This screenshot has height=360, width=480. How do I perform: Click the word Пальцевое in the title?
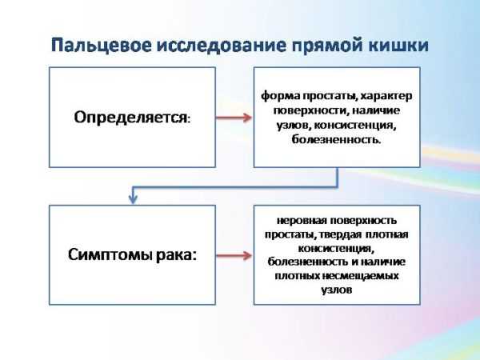[x=102, y=46]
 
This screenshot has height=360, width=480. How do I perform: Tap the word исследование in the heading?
[x=222, y=45]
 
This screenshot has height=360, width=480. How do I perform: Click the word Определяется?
[x=132, y=118]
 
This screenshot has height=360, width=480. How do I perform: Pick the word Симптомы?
[x=110, y=254]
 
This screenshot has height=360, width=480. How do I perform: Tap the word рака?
[x=176, y=255]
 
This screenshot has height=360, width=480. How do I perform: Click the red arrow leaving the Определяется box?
[x=234, y=118]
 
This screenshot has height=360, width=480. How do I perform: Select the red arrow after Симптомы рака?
[x=234, y=255]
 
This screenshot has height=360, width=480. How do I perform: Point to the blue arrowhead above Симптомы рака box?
[x=133, y=198]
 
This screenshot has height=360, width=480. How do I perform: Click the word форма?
[x=281, y=96]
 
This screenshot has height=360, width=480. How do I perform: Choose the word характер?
[x=386, y=96]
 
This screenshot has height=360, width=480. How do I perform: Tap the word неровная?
[x=302, y=221]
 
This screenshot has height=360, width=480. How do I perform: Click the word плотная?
[x=386, y=234]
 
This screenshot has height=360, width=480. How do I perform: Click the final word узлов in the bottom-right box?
[x=337, y=290]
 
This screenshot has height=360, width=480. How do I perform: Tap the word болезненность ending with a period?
[x=337, y=139]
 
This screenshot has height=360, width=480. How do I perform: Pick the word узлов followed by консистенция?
[x=294, y=126]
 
